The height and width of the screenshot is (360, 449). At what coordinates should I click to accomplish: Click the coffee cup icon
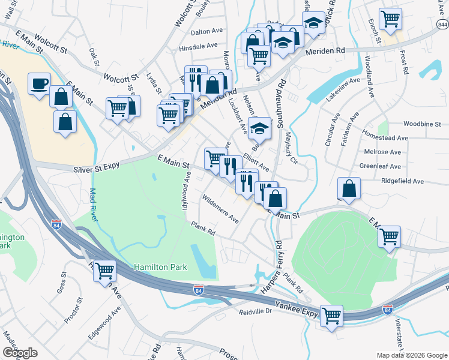point(40,84)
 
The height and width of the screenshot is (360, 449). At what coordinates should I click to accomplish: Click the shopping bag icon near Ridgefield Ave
point(349,188)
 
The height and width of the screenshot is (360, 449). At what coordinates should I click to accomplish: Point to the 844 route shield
point(442,24)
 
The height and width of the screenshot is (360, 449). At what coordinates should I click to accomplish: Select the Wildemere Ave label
point(220,209)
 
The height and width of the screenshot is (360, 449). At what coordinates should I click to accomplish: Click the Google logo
point(20,353)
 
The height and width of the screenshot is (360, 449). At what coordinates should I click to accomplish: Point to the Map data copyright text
point(411,355)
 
